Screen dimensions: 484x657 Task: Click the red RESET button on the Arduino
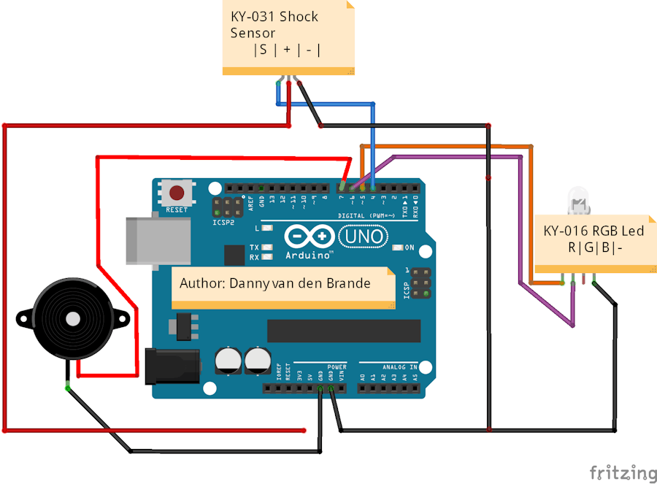click(x=177, y=193)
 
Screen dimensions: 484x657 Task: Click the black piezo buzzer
click(x=72, y=318)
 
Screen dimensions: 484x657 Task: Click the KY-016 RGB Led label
click(x=594, y=239)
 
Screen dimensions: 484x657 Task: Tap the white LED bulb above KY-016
click(x=577, y=198)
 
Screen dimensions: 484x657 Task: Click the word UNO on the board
click(x=363, y=237)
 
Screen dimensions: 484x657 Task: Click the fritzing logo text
click(x=622, y=472)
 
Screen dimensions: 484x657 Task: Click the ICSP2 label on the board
click(x=223, y=222)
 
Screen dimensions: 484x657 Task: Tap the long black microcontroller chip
click(x=343, y=331)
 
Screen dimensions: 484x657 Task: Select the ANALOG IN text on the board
click(x=399, y=367)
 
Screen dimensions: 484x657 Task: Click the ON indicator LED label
click(x=410, y=248)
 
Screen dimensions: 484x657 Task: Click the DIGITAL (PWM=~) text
click(x=367, y=216)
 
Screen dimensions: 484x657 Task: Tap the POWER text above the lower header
click(x=337, y=367)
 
